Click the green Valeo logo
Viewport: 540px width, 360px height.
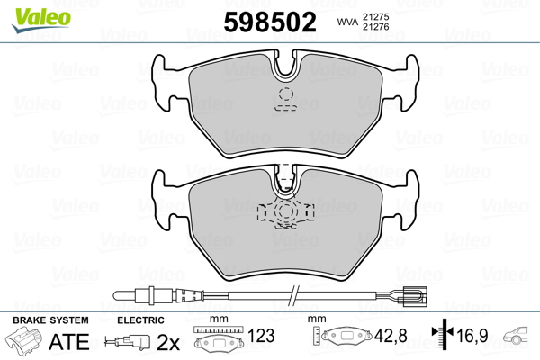(41, 20)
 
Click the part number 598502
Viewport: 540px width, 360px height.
(270, 22)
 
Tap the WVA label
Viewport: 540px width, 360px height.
(347, 22)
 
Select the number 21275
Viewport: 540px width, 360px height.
(375, 16)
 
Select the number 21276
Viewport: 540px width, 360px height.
(375, 26)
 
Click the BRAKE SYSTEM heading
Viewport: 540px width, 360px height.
(50, 320)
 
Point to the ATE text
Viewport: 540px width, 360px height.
(69, 341)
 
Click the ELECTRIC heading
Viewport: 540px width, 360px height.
(140, 320)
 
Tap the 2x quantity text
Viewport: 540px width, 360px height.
(168, 342)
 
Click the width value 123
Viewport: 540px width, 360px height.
(261, 336)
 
